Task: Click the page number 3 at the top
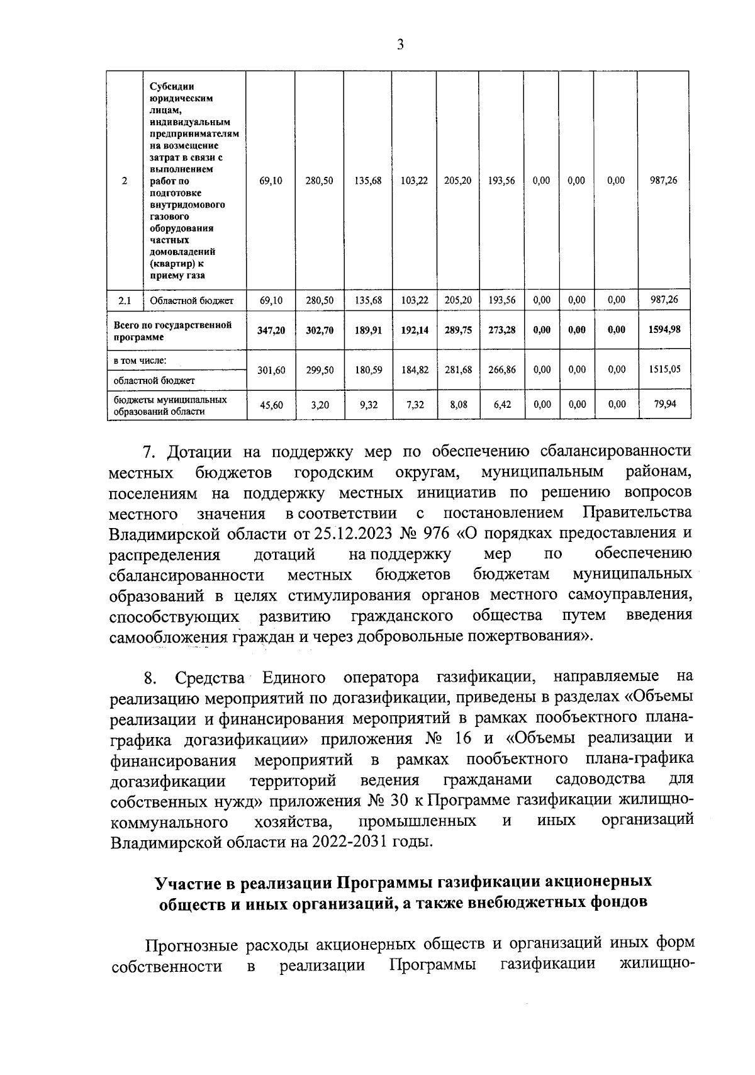(x=400, y=43)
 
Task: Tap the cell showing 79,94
(x=664, y=404)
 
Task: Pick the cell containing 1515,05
(x=664, y=370)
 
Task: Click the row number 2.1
(x=125, y=301)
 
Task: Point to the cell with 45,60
(x=271, y=405)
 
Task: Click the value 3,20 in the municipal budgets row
(x=320, y=405)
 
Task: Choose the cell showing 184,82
(x=415, y=370)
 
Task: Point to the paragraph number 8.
(x=149, y=678)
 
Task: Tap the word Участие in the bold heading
(x=187, y=882)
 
